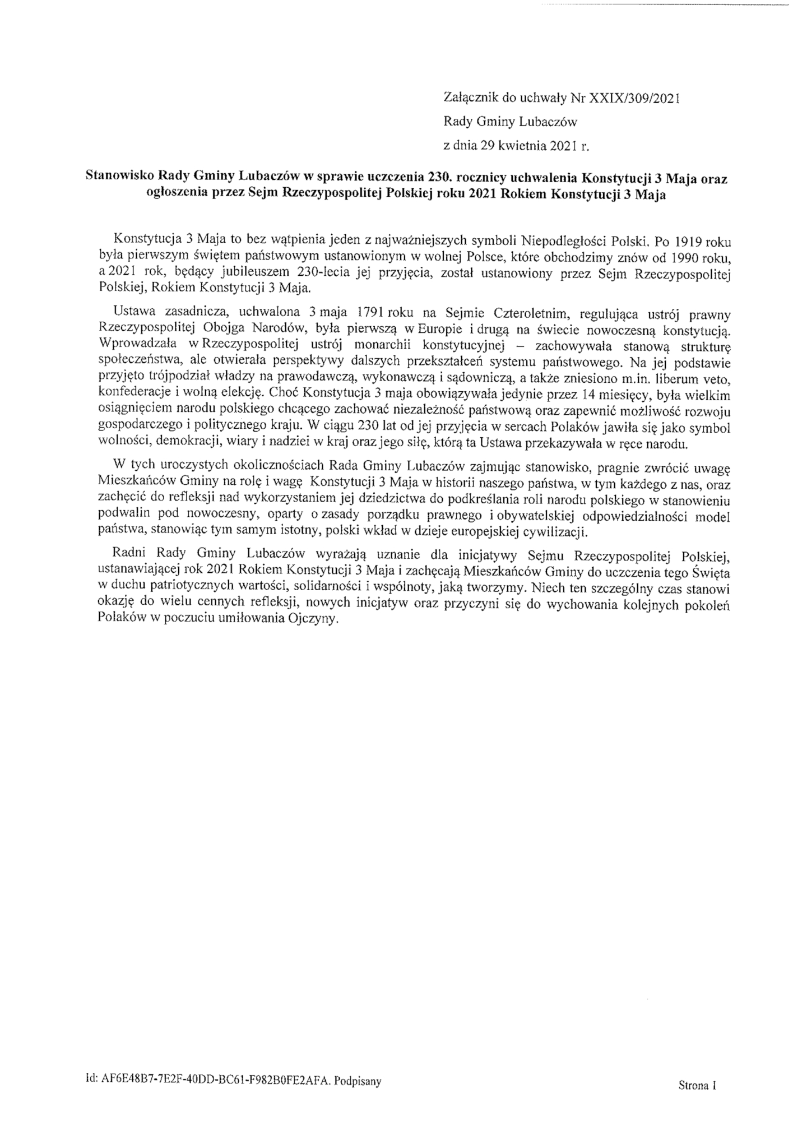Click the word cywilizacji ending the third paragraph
point(552,532)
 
